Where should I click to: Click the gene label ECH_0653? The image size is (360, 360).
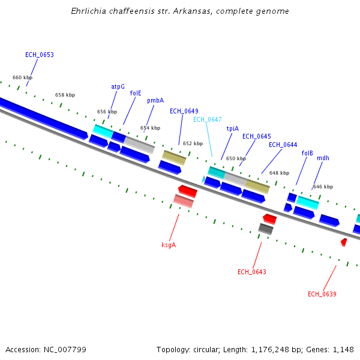(x=40, y=55)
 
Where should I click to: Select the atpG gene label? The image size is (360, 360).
(x=118, y=86)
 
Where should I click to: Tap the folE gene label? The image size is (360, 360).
(x=136, y=93)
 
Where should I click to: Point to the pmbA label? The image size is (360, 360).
(x=155, y=101)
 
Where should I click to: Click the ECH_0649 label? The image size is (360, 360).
(x=184, y=111)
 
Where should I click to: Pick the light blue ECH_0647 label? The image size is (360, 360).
(x=207, y=119)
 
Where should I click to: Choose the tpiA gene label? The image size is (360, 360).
(x=232, y=128)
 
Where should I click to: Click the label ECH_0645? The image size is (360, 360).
(x=256, y=136)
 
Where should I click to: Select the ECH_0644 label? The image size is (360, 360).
(x=283, y=145)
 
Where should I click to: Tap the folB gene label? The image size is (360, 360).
(x=307, y=153)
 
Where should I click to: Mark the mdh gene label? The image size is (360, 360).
(x=323, y=158)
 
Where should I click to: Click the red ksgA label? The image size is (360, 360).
(x=169, y=245)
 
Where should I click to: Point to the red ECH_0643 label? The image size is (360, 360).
(x=251, y=272)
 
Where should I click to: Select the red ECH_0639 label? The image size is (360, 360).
(x=322, y=294)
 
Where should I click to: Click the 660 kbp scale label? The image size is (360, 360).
(x=22, y=77)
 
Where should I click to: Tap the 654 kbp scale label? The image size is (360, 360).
(x=150, y=128)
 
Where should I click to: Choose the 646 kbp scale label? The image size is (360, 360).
(x=322, y=187)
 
